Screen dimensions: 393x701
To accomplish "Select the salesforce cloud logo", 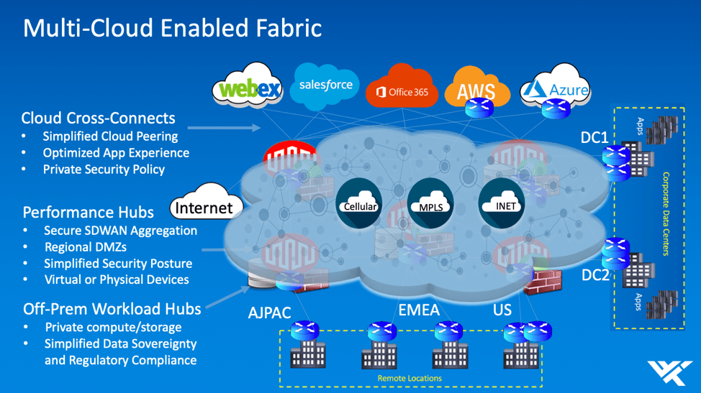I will click(x=326, y=85).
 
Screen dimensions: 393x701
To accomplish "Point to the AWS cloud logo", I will click(x=476, y=91).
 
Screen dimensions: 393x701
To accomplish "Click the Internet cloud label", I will click(x=206, y=208).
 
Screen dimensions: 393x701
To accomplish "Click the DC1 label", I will click(x=595, y=137).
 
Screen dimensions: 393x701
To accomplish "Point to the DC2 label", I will click(x=595, y=275).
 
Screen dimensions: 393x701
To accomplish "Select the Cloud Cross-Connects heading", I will click(x=98, y=118).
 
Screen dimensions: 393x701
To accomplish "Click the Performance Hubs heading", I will click(x=88, y=212).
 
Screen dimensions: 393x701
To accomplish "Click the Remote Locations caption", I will click(x=410, y=378).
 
